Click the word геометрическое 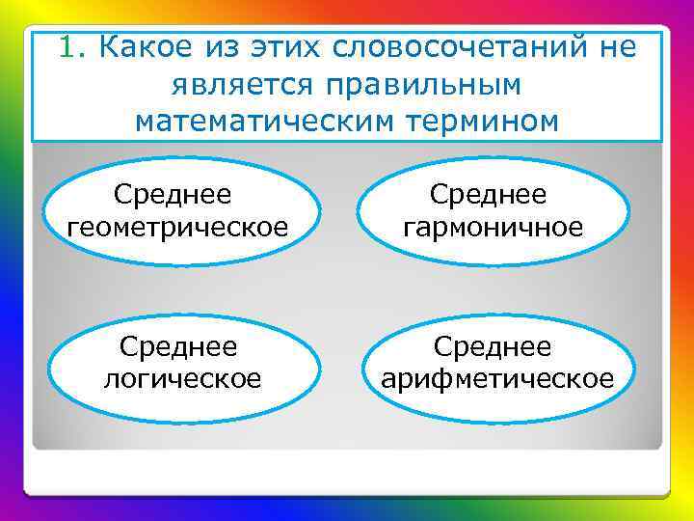178,228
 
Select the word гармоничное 494,228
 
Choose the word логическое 182,379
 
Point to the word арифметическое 496,379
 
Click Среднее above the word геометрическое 173,195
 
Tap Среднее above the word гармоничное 489,195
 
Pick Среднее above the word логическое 178,346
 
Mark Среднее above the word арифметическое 493,346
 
